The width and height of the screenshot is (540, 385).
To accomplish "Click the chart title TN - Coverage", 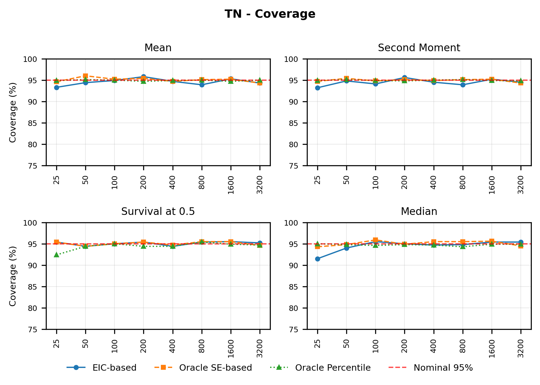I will (270, 14).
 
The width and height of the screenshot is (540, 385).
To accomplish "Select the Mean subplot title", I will (158, 48).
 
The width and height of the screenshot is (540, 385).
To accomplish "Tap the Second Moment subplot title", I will (419, 48).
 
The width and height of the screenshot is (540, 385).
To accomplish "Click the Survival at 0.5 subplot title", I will (158, 212).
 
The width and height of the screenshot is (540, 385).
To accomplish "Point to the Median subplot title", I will (419, 212).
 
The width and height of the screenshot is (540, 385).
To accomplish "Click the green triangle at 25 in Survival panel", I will (56, 255).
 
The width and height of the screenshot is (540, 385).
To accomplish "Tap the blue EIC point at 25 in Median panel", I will (317, 259).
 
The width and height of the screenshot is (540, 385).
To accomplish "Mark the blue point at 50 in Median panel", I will (346, 248).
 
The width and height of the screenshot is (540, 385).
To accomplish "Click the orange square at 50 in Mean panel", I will (85, 76).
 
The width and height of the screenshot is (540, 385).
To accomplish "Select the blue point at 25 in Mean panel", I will (56, 87).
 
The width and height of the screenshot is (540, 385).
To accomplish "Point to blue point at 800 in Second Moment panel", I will (463, 85).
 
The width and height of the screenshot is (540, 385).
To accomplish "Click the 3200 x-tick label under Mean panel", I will (260, 185).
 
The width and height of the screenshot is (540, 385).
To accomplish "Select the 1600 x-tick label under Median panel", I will (492, 348).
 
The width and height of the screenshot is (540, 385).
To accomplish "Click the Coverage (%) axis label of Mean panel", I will (13, 112).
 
